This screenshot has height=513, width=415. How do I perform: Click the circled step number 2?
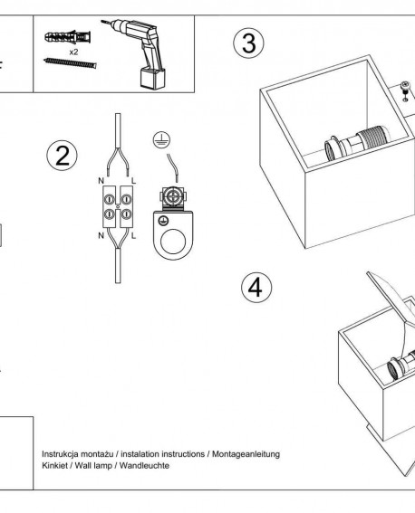[x=62, y=155]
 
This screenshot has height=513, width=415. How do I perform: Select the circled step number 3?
[x=248, y=43]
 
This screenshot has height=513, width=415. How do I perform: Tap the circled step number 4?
[x=256, y=288]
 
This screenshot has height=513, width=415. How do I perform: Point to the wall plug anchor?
[x=67, y=37]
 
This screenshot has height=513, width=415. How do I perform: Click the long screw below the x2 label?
[x=70, y=62]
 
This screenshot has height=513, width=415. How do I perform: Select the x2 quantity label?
[x=73, y=52]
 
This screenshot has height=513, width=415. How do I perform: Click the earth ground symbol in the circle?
[x=161, y=139]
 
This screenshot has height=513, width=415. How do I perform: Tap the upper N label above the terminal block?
[x=101, y=181]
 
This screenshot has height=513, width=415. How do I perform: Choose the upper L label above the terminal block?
[x=133, y=181]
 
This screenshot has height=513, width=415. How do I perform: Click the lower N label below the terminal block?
[x=101, y=235]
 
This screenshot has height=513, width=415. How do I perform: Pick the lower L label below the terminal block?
[x=133, y=235]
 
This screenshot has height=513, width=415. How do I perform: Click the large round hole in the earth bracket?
[x=173, y=242]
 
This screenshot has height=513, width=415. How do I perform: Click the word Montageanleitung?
[x=246, y=454]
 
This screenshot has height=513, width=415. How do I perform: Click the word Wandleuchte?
[x=144, y=465]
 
